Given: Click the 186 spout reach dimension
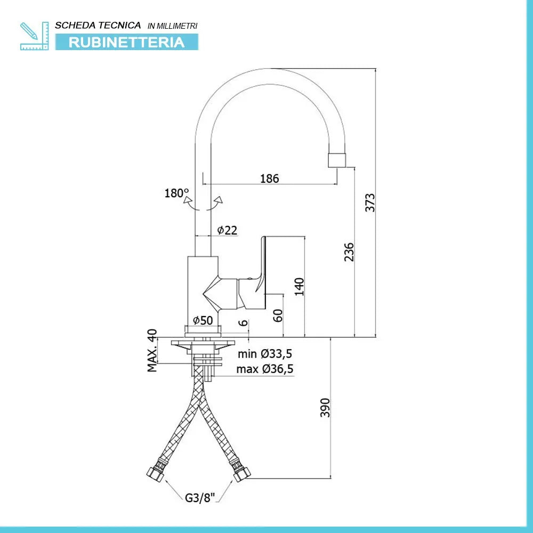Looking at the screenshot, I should pos(269,179).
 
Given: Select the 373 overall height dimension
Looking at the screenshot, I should pos(370,203).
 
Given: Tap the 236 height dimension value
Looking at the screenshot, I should pos(349,252).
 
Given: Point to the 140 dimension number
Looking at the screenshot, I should pos(299,286).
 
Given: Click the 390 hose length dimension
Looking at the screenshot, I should pos(325,408).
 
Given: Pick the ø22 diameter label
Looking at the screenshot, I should pos(227,230).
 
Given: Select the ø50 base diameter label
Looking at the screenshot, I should pos(203,320).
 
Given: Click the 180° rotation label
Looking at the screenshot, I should pos(176,193).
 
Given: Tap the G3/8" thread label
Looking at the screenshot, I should pos(200,498).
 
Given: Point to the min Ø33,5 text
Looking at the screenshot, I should pos(265,353).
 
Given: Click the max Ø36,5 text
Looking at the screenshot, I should pos(265,369).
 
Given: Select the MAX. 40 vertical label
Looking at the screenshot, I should pos(152,351).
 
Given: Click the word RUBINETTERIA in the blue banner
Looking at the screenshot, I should pos(127,42).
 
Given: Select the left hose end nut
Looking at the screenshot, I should pos(155,473).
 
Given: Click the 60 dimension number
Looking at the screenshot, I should pos(278,315).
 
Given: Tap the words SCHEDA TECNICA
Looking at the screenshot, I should pos(98,25).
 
